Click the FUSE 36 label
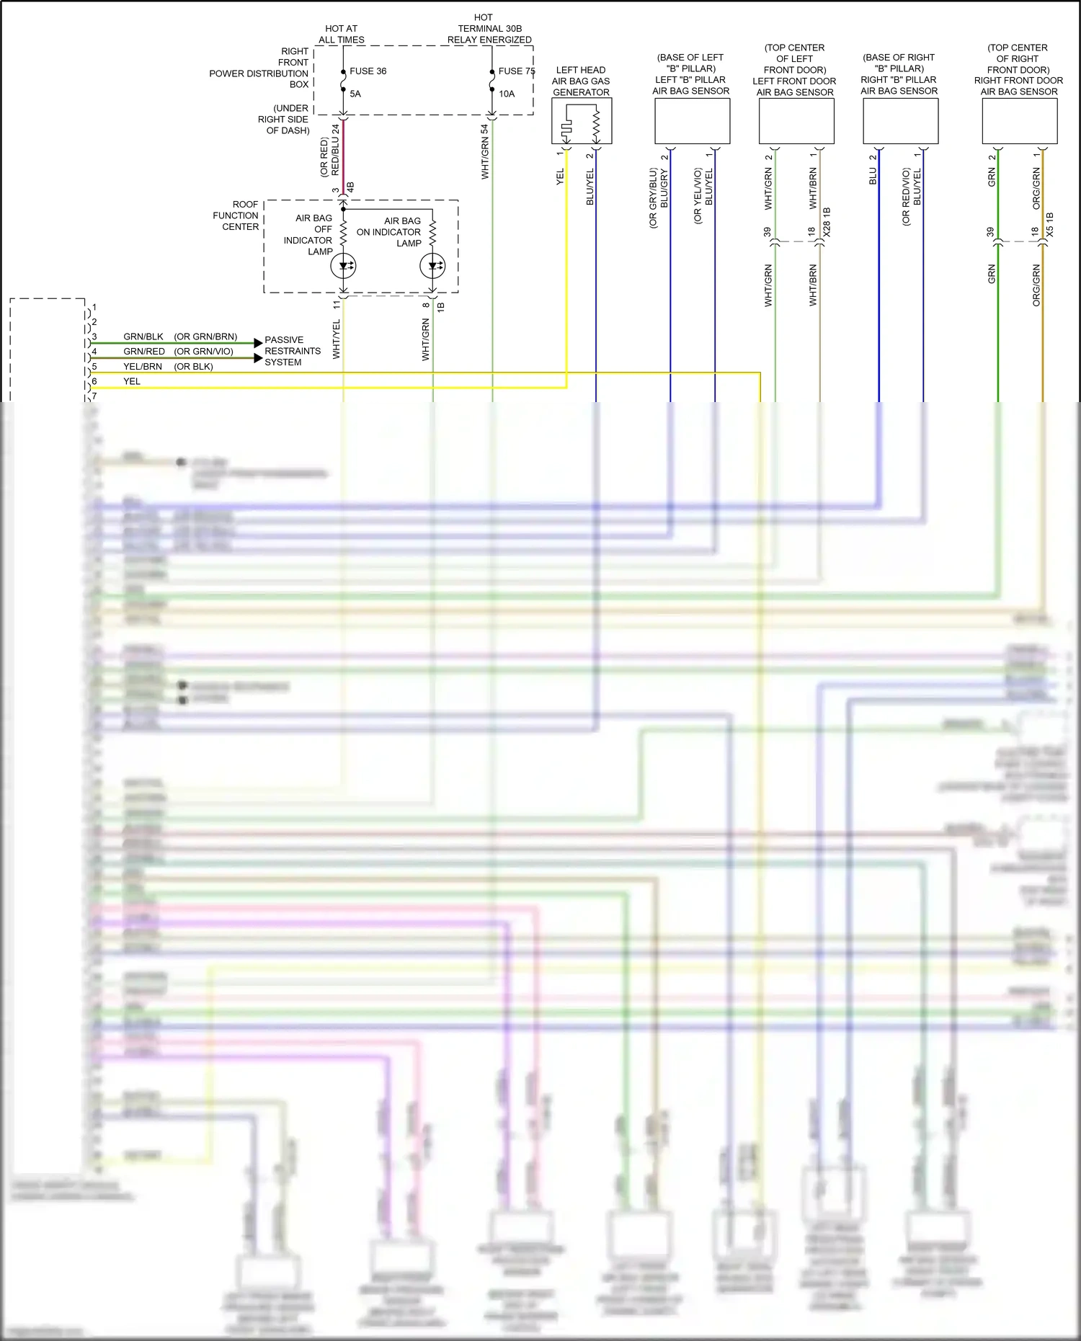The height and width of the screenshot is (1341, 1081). [368, 71]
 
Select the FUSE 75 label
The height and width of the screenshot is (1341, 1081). [516, 71]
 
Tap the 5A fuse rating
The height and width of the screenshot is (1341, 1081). [355, 94]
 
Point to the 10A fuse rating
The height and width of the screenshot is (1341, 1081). [507, 94]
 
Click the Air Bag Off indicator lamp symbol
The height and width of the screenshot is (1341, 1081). [343, 266]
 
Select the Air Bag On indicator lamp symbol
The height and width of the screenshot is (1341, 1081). [432, 266]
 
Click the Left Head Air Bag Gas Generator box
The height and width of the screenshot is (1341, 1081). [582, 121]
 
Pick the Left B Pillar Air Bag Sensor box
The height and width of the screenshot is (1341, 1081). [692, 121]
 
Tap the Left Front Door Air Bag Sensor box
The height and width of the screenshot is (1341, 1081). [796, 121]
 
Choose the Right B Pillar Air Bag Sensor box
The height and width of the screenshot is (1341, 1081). [900, 121]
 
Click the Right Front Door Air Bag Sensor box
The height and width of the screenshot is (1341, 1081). [1019, 121]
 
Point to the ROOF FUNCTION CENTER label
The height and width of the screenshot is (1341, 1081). [236, 215]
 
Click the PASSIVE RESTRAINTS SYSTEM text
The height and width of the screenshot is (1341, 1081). [292, 351]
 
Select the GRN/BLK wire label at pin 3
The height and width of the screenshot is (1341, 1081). [143, 337]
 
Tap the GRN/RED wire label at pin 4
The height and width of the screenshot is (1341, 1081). [144, 352]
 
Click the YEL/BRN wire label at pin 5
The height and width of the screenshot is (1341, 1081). [143, 367]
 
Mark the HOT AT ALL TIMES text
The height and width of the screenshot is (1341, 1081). [342, 34]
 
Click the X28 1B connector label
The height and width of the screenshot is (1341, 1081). [827, 222]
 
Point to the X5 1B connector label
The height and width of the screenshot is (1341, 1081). [1049, 224]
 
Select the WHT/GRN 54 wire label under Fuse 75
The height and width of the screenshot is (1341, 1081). [485, 152]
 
